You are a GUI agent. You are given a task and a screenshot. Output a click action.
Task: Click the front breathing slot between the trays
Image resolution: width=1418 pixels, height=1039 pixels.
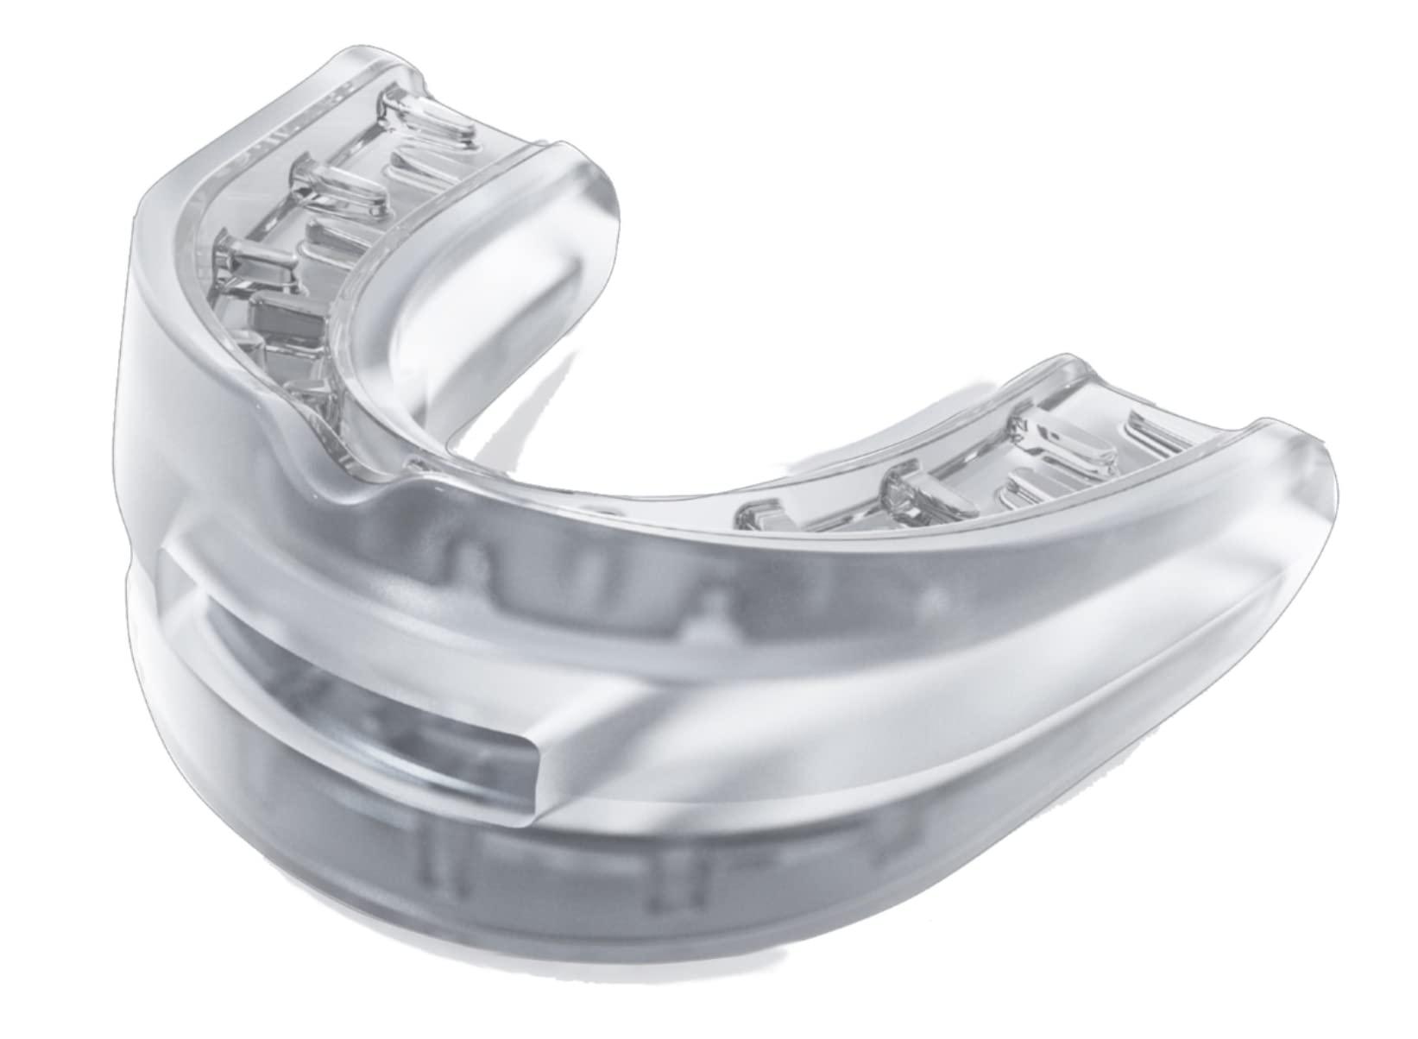coord(362,682)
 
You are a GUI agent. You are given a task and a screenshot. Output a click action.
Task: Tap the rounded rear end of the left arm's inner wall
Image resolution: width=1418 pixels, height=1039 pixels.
coord(596,186)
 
